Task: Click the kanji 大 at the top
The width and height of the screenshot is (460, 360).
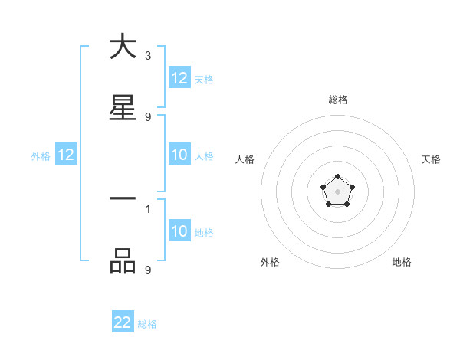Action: coord(123,47)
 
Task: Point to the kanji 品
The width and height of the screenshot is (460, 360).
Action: coord(123,261)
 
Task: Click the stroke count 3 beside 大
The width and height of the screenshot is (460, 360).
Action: coord(148,56)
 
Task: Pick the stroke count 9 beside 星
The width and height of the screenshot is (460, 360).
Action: coord(148,117)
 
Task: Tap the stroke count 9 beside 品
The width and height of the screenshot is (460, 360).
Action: coord(148,270)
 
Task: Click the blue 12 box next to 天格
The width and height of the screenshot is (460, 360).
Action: coord(179,79)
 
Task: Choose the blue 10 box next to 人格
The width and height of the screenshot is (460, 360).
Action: coord(179,155)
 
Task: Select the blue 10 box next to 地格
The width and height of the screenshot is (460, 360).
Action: coord(179,232)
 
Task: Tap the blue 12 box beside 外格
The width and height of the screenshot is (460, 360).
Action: coord(66,155)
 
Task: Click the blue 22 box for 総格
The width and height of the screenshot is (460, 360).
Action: coord(123,323)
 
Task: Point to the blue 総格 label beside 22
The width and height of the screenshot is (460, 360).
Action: coord(147,324)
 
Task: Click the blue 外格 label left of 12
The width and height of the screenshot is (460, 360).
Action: coord(41,156)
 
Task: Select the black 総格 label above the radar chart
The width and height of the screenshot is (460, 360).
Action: coord(338,100)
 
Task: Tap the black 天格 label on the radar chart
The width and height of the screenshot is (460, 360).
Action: coord(432,159)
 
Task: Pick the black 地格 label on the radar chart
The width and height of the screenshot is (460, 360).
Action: coord(402,262)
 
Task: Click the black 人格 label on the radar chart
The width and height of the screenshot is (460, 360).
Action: coord(245,159)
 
